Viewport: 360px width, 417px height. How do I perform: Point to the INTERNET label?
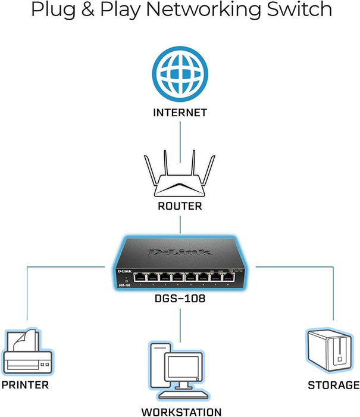(180, 112)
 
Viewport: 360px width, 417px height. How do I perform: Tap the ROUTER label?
(180, 206)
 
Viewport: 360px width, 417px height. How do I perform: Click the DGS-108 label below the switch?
(180, 298)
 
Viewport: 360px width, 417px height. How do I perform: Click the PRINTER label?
(25, 385)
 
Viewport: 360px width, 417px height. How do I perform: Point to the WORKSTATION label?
(181, 411)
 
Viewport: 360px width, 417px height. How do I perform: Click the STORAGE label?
(333, 385)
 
